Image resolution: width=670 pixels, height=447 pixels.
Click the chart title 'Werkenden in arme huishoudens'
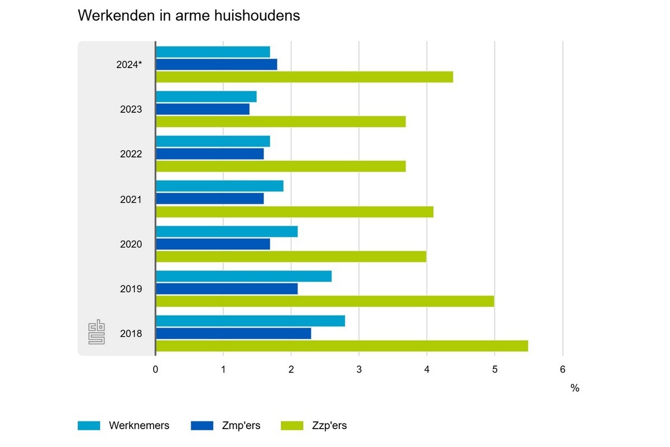tap(189, 16)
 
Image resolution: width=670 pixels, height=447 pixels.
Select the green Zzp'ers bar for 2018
tap(342, 346)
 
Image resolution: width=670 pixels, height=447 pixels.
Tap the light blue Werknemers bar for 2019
tap(243, 276)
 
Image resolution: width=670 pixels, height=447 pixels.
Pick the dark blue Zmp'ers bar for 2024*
tap(216, 64)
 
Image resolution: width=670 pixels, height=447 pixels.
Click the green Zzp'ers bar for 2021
tap(294, 212)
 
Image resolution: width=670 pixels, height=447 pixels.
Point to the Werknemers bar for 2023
tap(206, 97)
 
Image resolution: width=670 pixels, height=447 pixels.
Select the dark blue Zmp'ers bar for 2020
tap(213, 244)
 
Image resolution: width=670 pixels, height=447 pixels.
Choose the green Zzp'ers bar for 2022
tap(280, 167)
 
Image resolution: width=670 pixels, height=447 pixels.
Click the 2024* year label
tap(129, 64)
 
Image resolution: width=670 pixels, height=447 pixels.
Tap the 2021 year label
tap(131, 199)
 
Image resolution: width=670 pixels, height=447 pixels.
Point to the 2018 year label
tap(131, 334)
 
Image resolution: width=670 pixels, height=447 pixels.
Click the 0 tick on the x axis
tap(155, 369)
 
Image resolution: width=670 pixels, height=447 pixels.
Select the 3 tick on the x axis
tap(359, 369)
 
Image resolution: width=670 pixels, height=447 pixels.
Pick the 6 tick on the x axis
tap(562, 369)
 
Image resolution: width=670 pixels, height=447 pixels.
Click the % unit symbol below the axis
tap(575, 388)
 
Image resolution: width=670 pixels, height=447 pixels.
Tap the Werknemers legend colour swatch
tap(89, 426)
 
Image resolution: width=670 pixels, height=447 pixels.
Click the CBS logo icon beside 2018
tap(97, 333)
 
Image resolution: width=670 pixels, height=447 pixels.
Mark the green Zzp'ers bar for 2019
tap(324, 301)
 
